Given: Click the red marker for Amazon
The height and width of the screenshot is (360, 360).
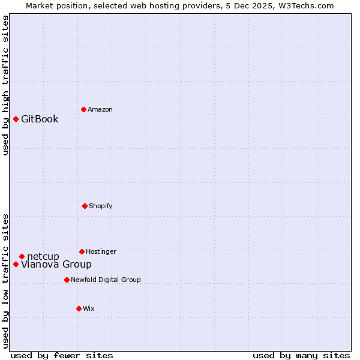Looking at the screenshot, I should pyautogui.click(x=83, y=109).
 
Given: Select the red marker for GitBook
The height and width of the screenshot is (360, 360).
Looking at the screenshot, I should pyautogui.click(x=16, y=119).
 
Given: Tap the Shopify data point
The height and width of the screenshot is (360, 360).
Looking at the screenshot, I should pyautogui.click(x=85, y=206).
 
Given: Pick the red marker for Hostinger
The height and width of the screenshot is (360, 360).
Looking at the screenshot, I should pyautogui.click(x=82, y=251).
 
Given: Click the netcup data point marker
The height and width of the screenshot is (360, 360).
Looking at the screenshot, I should pyautogui.click(x=22, y=256).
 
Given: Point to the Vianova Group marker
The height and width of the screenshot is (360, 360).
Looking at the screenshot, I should pyautogui.click(x=16, y=264).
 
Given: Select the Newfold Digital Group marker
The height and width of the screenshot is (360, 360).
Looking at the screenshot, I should pyautogui.click(x=67, y=280).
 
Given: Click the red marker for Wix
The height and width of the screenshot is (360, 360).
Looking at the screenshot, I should pyautogui.click(x=79, y=308).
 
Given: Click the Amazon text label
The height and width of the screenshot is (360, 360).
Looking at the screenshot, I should pyautogui.click(x=100, y=109).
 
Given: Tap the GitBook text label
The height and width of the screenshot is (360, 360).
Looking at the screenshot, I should pyautogui.click(x=40, y=119).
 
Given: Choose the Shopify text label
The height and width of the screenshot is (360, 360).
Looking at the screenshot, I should pyautogui.click(x=101, y=206).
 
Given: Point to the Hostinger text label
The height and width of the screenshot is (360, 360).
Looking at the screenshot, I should pyautogui.click(x=101, y=251).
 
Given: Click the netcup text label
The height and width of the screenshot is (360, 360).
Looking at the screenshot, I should pyautogui.click(x=43, y=257).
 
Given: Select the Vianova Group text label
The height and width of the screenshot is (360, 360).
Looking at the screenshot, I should pyautogui.click(x=56, y=265).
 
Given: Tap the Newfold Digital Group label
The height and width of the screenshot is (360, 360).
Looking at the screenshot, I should pyautogui.click(x=106, y=280).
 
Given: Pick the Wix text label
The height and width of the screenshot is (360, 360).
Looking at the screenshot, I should pyautogui.click(x=89, y=308).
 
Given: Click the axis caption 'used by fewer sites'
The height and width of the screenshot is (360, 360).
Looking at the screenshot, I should pyautogui.click(x=62, y=355).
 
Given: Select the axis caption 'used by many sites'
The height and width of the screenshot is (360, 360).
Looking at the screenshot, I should pyautogui.click(x=301, y=355).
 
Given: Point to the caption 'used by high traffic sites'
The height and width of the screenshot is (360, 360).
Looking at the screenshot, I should pyautogui.click(x=5, y=85).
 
